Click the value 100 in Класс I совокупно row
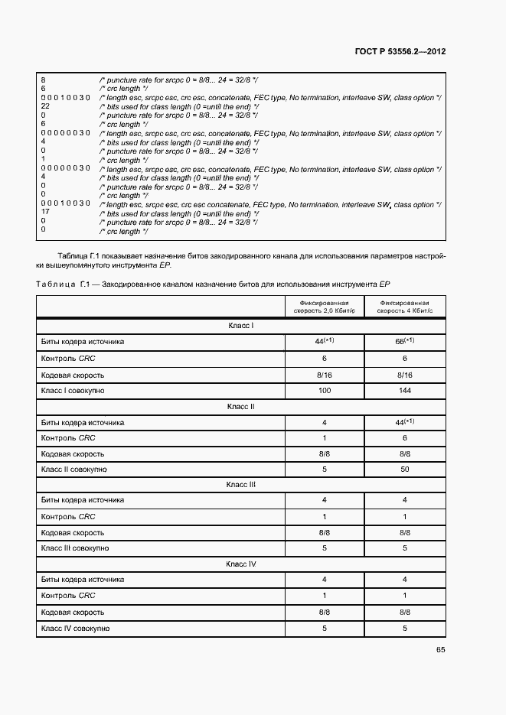click(x=325, y=391)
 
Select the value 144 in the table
click(x=404, y=391)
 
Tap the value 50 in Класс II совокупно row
click(x=404, y=469)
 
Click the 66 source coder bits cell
click(x=403, y=342)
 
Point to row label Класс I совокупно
click(x=73, y=391)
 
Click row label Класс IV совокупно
click(x=75, y=628)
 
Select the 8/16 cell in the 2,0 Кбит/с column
click(x=325, y=375)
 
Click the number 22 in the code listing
click(x=45, y=106)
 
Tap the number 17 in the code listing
click(x=45, y=213)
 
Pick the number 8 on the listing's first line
click(x=43, y=80)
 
